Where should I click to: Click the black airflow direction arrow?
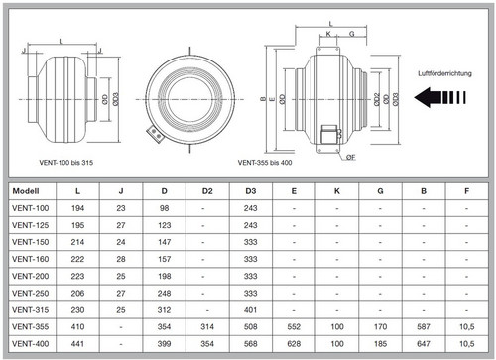tap(439, 97)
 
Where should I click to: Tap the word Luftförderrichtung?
tap(444, 73)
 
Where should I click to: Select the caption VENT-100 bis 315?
tap(66, 163)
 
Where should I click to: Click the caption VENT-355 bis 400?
tap(265, 163)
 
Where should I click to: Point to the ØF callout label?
tap(351, 157)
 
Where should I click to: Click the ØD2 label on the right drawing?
tap(377, 99)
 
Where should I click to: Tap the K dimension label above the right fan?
tap(328, 34)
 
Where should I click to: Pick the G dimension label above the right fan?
tap(352, 34)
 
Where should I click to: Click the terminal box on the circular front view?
tap(155, 133)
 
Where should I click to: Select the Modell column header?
tap(26, 191)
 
